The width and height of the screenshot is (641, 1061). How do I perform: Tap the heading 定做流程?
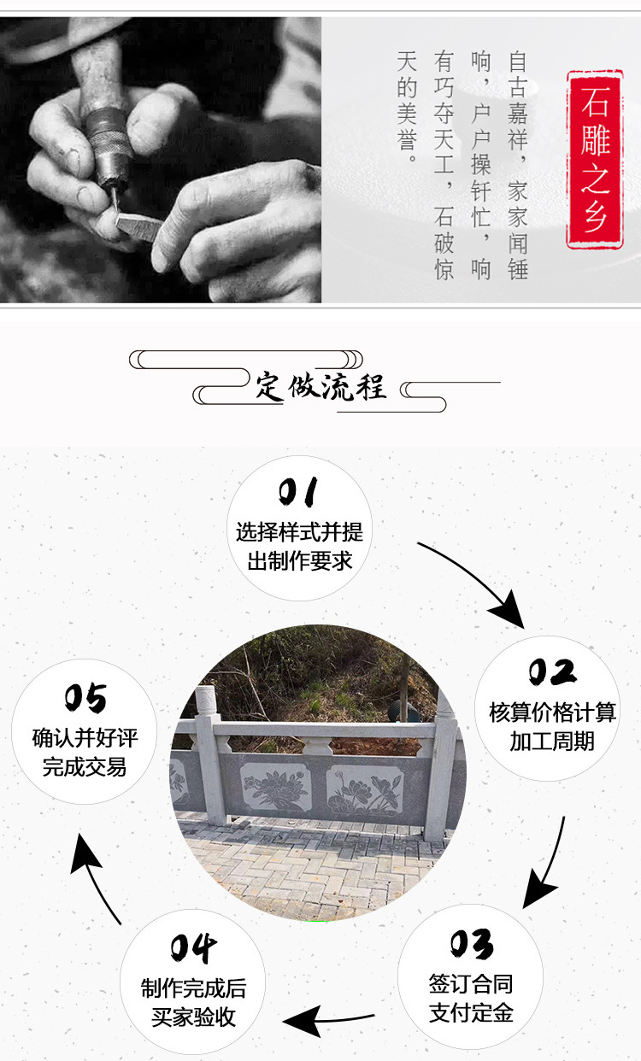320,386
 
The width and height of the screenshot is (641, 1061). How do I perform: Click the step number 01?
298,493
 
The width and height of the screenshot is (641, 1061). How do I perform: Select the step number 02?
551,672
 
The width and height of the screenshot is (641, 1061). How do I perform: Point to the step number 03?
472,944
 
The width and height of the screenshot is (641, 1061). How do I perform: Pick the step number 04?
193,948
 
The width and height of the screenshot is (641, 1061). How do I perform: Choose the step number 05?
85,699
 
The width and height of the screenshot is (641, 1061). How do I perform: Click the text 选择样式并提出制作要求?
299,547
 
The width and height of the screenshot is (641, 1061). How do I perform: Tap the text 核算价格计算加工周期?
552,726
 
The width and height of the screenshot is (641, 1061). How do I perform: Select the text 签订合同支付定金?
471,999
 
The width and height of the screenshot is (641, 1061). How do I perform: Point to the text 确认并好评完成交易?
85,752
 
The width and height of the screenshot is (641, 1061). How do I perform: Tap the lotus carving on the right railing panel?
363,790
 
